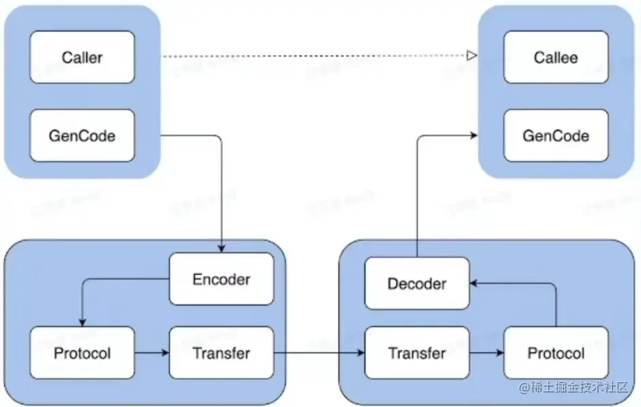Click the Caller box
click(x=82, y=57)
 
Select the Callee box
click(x=555, y=57)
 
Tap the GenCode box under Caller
click(x=82, y=135)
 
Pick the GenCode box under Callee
click(x=555, y=135)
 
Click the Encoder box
click(x=221, y=279)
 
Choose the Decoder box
click(x=416, y=283)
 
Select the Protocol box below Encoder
click(x=82, y=353)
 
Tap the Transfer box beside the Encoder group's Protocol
click(x=221, y=353)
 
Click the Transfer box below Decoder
click(x=416, y=353)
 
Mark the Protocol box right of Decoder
click(x=556, y=353)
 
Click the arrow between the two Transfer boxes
click(x=319, y=353)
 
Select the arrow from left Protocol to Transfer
click(x=152, y=353)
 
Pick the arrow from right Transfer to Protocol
click(x=486, y=353)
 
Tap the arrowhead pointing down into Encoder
click(x=221, y=249)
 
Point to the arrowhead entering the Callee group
click(x=472, y=135)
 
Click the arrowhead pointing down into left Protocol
click(x=82, y=322)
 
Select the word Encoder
click(x=221, y=279)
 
